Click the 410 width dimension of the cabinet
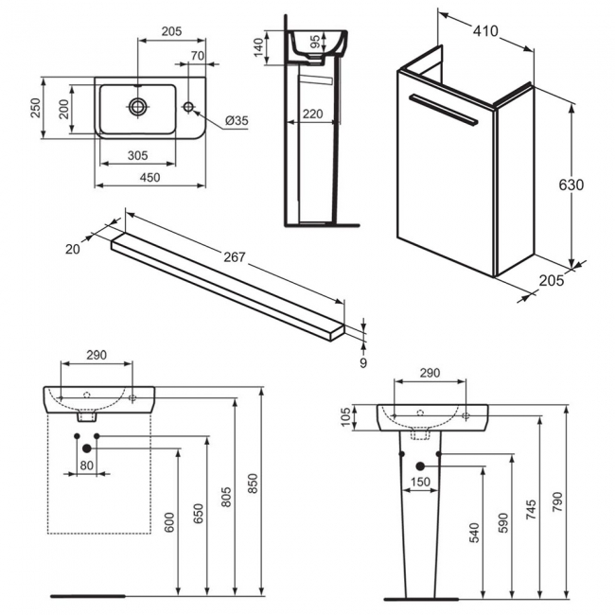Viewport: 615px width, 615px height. (485, 29)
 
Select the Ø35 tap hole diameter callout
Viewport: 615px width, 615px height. (237, 120)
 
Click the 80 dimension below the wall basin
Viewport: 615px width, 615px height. (87, 466)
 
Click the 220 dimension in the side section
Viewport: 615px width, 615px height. (313, 114)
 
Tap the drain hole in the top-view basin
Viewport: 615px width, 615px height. (139, 106)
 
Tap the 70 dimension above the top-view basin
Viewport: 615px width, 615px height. (196, 56)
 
